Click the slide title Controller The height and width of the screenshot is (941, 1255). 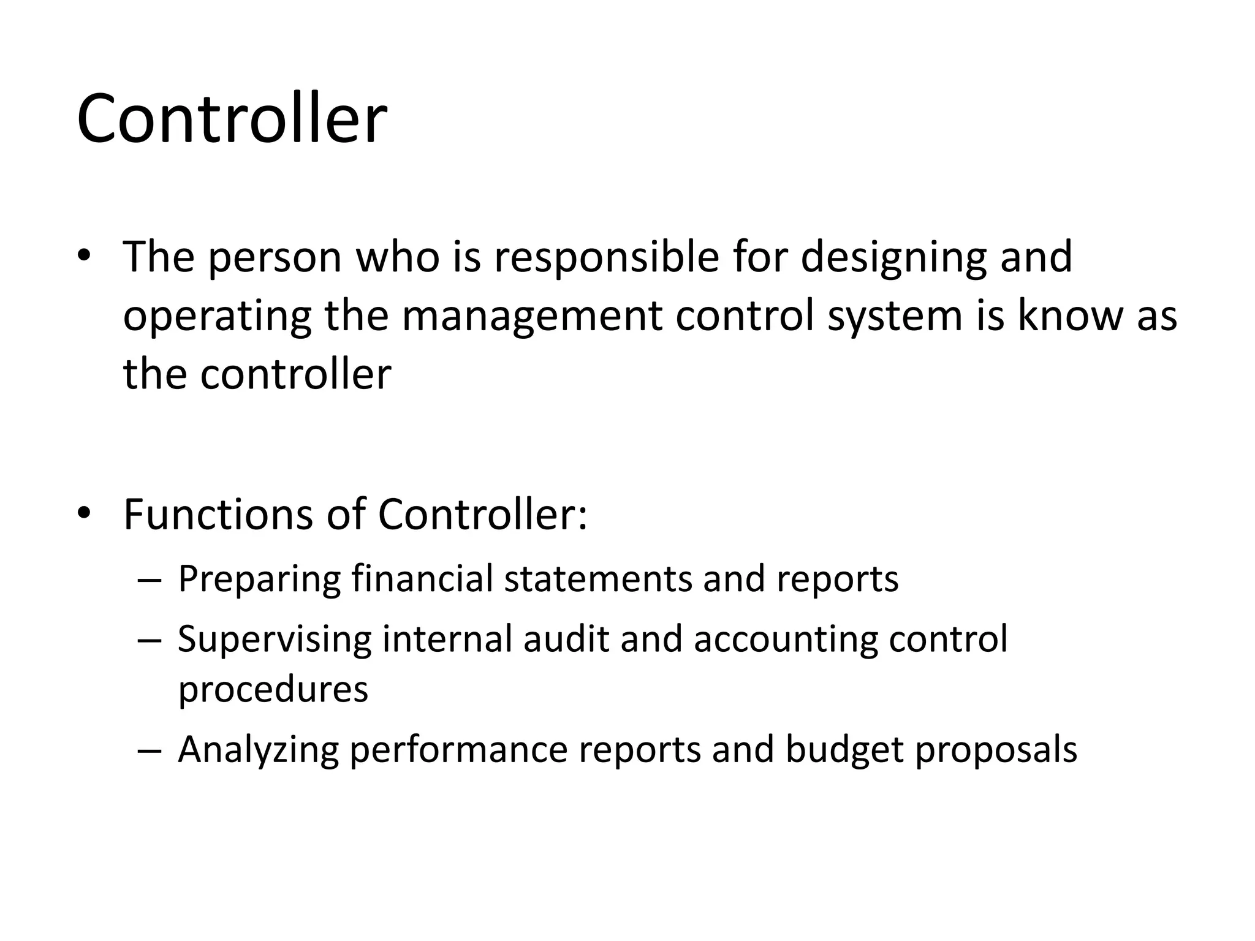click(232, 118)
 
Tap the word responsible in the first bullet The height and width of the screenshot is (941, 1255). click(607, 257)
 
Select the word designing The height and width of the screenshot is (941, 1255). click(892, 257)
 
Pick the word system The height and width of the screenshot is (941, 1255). click(894, 316)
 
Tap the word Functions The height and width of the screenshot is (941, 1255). click(218, 515)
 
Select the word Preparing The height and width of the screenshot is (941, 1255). click(259, 580)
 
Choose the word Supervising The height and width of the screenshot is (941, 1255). click(274, 640)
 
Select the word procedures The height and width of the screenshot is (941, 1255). click(273, 690)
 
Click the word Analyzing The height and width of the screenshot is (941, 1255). click(258, 750)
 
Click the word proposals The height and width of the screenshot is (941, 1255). click(996, 750)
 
